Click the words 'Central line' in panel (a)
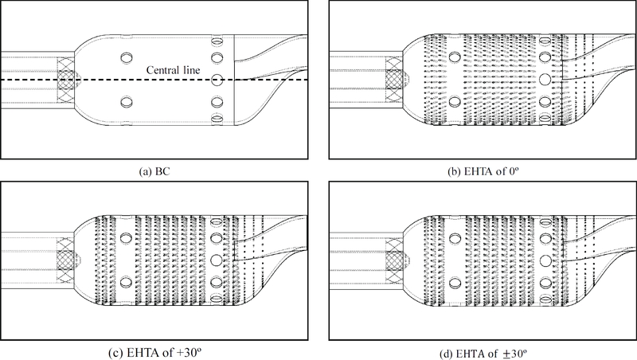click(170, 70)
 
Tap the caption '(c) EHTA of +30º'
click(154, 351)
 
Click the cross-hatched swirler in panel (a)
click(68, 80)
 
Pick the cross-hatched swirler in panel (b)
click(394, 80)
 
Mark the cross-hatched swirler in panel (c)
click(68, 260)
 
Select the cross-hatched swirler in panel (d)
click(394, 260)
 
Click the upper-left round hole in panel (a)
click(126, 58)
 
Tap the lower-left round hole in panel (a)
click(126, 101)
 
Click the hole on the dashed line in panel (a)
click(216, 80)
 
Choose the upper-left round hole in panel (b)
click(453, 58)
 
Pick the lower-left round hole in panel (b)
click(453, 101)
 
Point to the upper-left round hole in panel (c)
click(126, 239)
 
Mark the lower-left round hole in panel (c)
click(126, 281)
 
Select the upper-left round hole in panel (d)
click(453, 239)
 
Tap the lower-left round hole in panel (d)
click(453, 281)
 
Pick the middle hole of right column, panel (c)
click(216, 260)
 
